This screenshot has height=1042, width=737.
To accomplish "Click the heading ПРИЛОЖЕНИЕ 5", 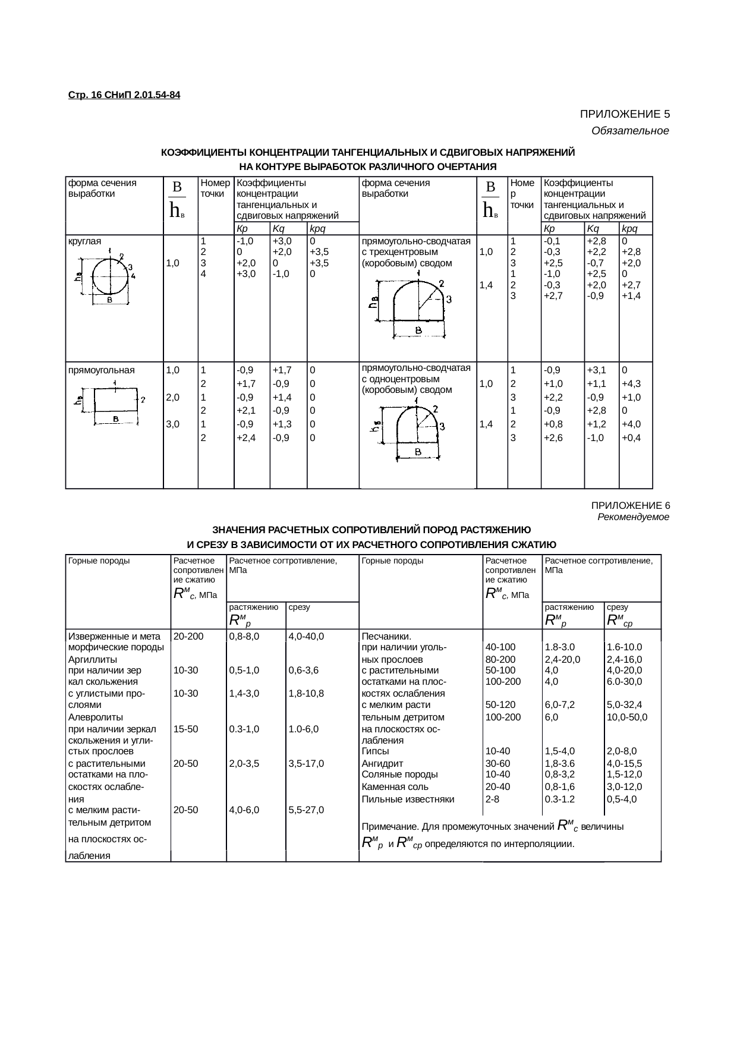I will pyautogui.click(x=625, y=114).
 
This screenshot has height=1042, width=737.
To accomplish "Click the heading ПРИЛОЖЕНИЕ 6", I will pyautogui.click(x=630, y=505).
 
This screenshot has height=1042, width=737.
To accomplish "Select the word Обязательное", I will pyautogui.click(x=630, y=131).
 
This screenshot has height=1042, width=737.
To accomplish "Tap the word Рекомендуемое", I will pyautogui.click(x=633, y=517).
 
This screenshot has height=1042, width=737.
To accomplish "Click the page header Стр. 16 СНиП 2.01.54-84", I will pyautogui.click(x=124, y=95).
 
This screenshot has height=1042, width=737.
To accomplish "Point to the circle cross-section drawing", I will pyautogui.click(x=110, y=277).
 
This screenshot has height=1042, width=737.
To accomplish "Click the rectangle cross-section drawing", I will pyautogui.click(x=115, y=401).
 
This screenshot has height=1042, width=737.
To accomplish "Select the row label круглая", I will pyautogui.click(x=85, y=241).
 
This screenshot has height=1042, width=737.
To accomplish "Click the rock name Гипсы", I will pyautogui.click(x=376, y=751).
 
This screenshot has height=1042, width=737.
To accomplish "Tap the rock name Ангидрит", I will pyautogui.click(x=382, y=763).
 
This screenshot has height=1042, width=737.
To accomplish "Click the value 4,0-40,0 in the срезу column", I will pyautogui.click(x=305, y=636).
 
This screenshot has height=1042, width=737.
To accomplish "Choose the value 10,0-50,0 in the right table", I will pyautogui.click(x=626, y=717).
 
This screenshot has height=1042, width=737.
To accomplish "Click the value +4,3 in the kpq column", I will pyautogui.click(x=631, y=384).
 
